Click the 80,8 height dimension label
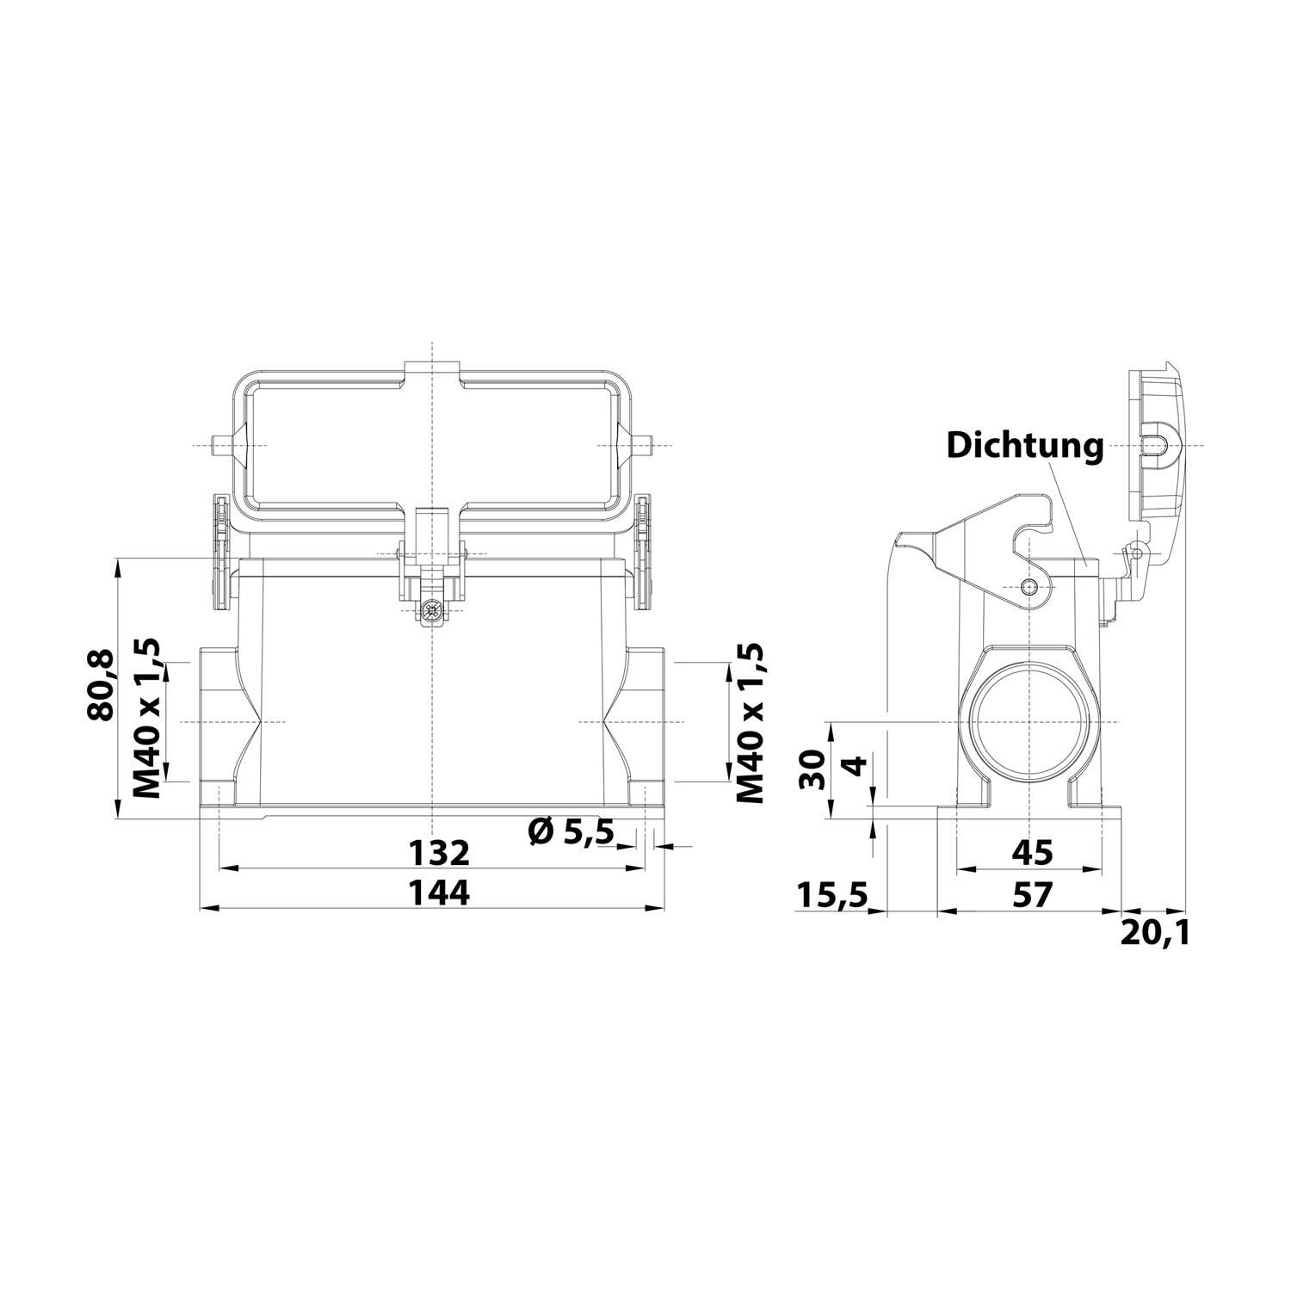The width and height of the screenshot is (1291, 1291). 102,685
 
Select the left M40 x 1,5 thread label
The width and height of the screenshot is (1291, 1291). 147,719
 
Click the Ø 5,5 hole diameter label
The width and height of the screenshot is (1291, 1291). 571,831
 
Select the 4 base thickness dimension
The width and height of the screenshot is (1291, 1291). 854,765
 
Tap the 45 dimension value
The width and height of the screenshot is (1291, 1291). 1031,852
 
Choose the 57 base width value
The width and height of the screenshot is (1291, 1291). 1031,895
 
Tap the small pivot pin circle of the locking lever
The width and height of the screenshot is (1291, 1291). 1029,587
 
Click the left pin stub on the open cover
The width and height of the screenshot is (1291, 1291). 219,446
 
